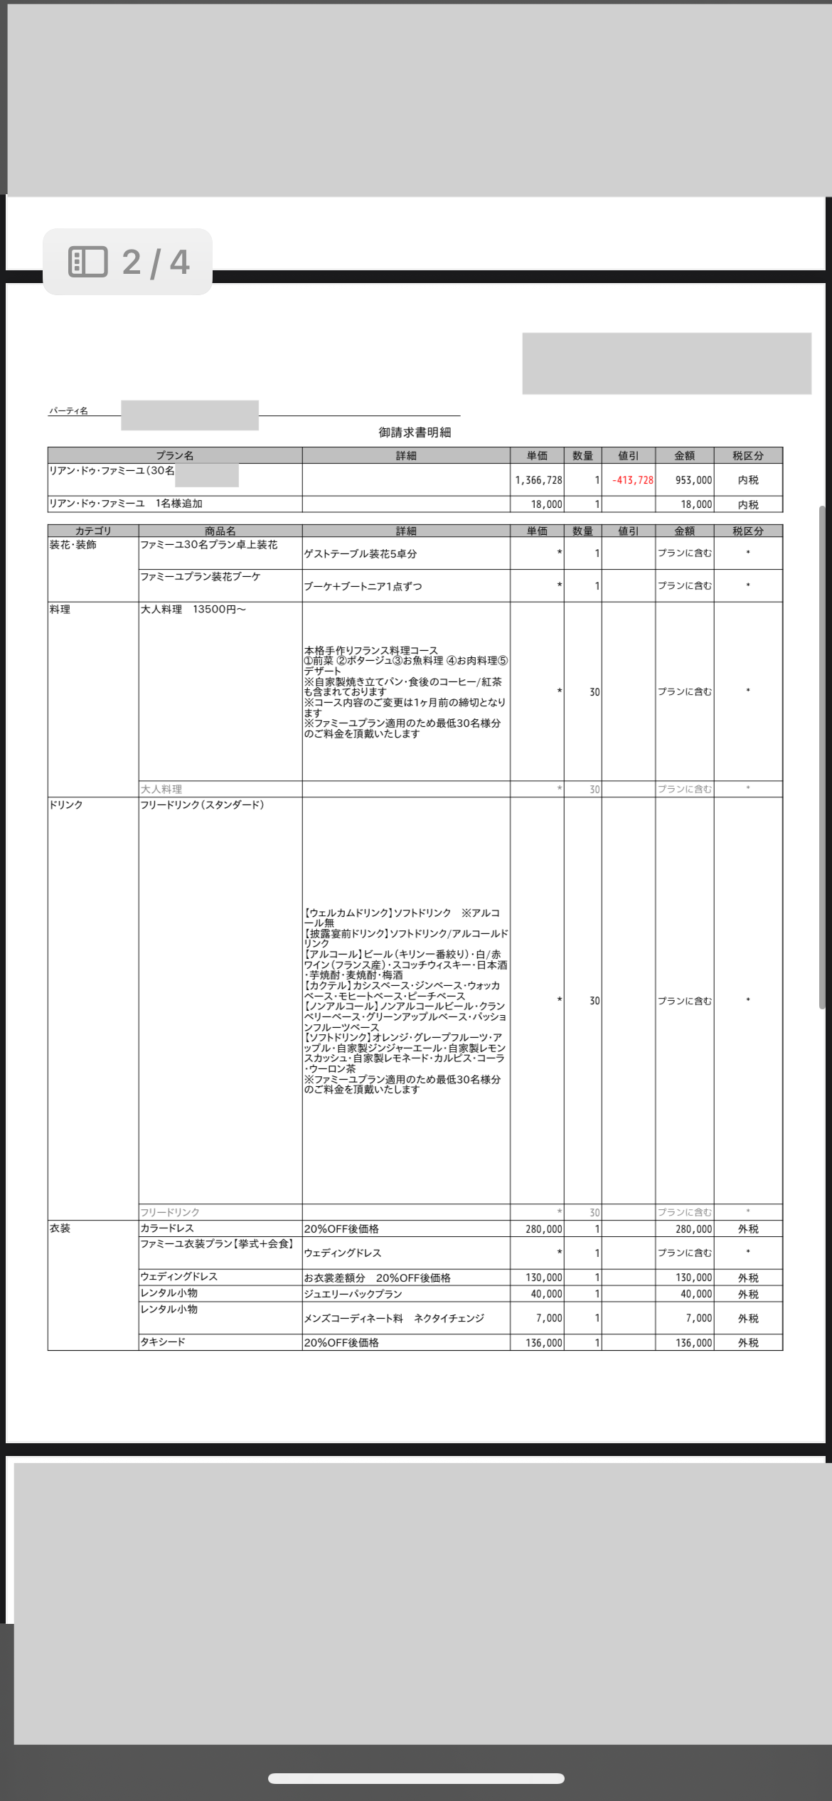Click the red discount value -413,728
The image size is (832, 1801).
pyautogui.click(x=632, y=480)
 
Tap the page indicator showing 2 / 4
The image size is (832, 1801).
pyautogui.click(x=128, y=262)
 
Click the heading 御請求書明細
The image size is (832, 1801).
pyautogui.click(x=415, y=432)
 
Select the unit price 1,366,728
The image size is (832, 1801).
pyautogui.click(x=538, y=480)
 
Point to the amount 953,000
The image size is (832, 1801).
pyautogui.click(x=693, y=480)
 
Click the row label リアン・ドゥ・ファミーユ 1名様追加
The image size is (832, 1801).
pyautogui.click(x=126, y=504)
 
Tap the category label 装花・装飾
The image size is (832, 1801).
pyautogui.click(x=73, y=545)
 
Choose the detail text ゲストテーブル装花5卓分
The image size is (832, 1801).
pyautogui.click(x=360, y=553)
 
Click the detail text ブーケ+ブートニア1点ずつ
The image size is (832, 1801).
pyautogui.click(x=363, y=586)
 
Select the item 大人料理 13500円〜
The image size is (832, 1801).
pyautogui.click(x=193, y=610)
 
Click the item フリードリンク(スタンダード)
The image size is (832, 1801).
pyautogui.click(x=202, y=804)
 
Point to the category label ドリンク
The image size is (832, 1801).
pyautogui.click(x=66, y=804)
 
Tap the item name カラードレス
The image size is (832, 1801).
pyautogui.click(x=167, y=1228)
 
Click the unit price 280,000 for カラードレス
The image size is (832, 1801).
pyautogui.click(x=543, y=1229)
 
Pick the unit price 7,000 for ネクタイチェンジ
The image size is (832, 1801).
pyautogui.click(x=549, y=1318)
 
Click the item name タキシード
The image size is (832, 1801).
pyautogui.click(x=163, y=1342)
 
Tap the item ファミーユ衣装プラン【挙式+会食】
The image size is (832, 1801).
pyautogui.click(x=217, y=1244)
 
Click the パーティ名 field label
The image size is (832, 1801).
pyautogui.click(x=68, y=411)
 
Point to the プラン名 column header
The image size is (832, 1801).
pyautogui.click(x=175, y=455)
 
